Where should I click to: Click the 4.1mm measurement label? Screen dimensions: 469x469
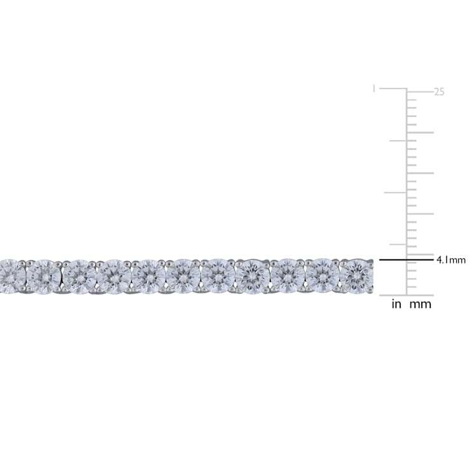pyautogui.click(x=451, y=260)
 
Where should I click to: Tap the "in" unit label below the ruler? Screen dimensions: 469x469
pyautogui.click(x=396, y=304)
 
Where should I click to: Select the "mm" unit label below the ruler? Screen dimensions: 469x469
pyautogui.click(x=420, y=305)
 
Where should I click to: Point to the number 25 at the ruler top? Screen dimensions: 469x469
pyautogui.click(x=439, y=92)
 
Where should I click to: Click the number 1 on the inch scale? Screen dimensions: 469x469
pyautogui.click(x=374, y=88)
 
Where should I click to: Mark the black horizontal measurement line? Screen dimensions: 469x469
pyautogui.click(x=406, y=260)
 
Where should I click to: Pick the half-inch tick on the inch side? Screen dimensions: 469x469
pyautogui.click(x=395, y=193)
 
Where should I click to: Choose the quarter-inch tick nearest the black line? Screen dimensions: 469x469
pyautogui.click(x=398, y=244)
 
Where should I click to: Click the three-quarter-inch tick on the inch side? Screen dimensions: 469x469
pyautogui.click(x=398, y=141)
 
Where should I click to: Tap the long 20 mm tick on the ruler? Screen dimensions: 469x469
pyautogui.click(x=420, y=132)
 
